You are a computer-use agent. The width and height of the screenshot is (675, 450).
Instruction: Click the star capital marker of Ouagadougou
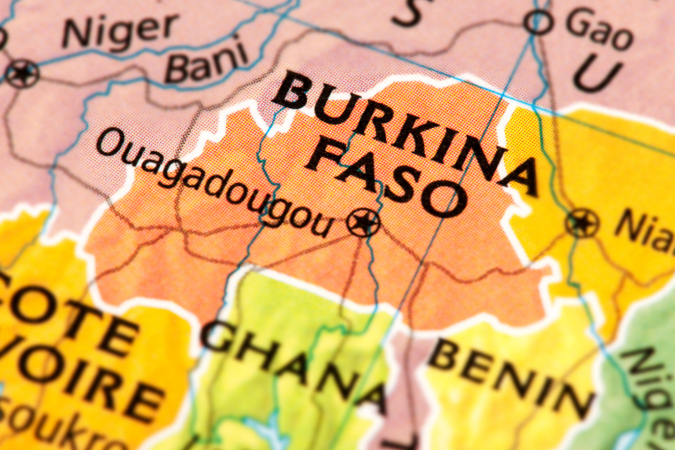363,222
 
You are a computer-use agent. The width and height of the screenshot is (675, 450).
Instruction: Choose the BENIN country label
510,377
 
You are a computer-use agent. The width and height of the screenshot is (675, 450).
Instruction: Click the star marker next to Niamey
582,222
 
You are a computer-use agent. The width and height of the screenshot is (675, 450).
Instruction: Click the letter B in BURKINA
293,91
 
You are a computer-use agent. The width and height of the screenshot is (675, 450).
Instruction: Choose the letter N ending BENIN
572,401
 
